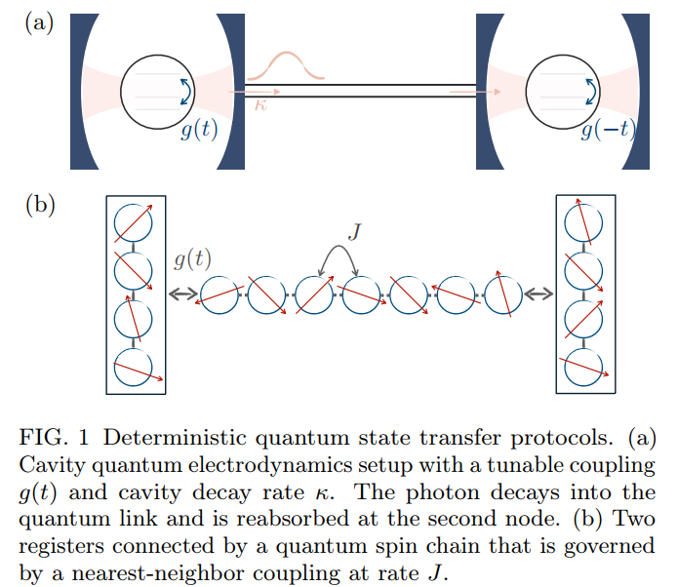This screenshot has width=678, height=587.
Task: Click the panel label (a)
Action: pos(39,21)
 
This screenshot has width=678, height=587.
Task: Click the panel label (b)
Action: pos(39,205)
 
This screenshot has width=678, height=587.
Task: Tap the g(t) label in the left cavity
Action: pos(198,131)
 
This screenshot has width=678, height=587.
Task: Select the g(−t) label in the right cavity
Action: pos(606,131)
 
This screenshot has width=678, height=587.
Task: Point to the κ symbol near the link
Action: pos(259,104)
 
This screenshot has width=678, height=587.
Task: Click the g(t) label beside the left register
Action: pos(192,259)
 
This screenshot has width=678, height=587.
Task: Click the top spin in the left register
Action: pos(134,224)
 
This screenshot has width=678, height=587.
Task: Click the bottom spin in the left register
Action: pos(134,367)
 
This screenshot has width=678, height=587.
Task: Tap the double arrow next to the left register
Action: pos(181,293)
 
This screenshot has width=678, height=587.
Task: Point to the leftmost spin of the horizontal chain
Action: pos(219,294)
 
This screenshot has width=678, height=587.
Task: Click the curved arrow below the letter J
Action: pos(338,257)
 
